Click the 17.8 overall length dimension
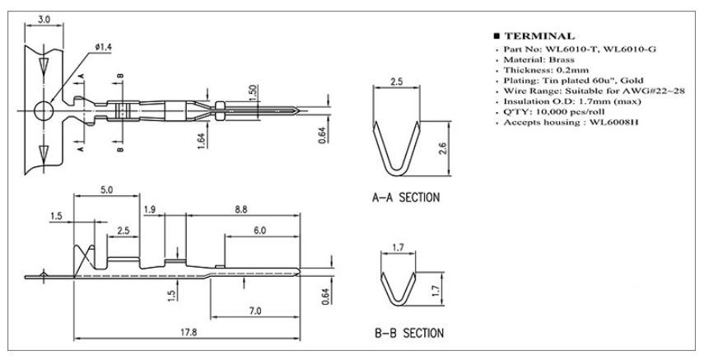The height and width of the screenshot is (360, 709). tap(189, 332)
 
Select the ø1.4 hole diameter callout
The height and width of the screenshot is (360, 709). tap(104, 47)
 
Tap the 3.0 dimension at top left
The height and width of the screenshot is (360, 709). tap(44, 20)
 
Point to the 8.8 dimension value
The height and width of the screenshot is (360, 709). tap(241, 210)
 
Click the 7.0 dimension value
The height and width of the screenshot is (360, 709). tap(255, 311)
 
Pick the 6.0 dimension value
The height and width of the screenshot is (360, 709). tap(259, 231)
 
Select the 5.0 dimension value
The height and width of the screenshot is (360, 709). tap(107, 190)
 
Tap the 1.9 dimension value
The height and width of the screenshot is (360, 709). tap(150, 210)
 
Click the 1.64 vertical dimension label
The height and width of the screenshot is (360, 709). tap(202, 140)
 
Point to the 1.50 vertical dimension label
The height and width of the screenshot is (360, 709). tap(253, 93)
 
